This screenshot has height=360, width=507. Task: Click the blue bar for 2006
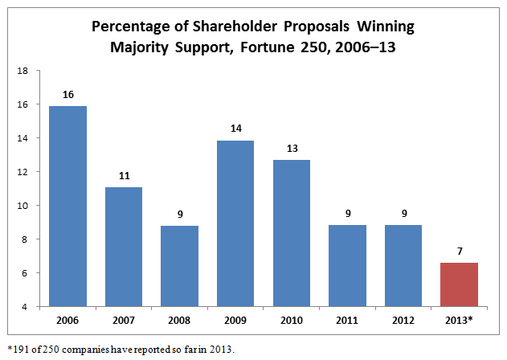pos(67,206)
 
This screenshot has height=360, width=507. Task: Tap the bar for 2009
pos(235,223)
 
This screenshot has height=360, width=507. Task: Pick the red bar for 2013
pos(460,284)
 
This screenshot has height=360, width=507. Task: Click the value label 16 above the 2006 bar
pos(67,95)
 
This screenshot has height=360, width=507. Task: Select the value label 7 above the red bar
pos(460,252)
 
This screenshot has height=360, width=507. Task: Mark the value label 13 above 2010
pos(292,149)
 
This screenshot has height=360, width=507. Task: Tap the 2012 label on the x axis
pos(404,320)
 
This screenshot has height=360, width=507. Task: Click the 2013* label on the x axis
pos(460,320)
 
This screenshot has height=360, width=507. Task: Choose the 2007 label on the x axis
pos(124,320)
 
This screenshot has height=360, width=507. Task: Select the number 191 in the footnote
pos(18,348)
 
